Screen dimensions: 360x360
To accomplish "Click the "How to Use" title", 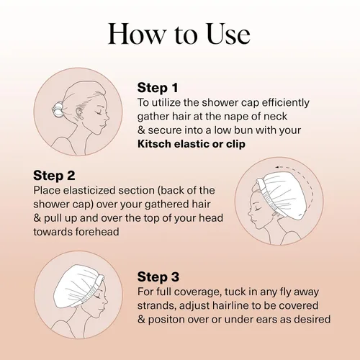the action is (179, 34).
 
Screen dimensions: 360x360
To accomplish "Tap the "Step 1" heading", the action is (158, 88).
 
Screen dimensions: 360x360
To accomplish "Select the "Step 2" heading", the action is (54, 176).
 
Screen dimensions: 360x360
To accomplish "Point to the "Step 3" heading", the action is (158, 276).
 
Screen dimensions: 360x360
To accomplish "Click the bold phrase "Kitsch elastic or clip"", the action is (192, 144).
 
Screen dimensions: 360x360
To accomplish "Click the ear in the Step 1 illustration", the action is (79, 113).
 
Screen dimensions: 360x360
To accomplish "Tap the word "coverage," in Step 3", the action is (197, 292).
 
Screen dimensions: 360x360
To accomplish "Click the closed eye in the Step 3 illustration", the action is (98, 297).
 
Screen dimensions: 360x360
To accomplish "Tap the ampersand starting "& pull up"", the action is (37, 218).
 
